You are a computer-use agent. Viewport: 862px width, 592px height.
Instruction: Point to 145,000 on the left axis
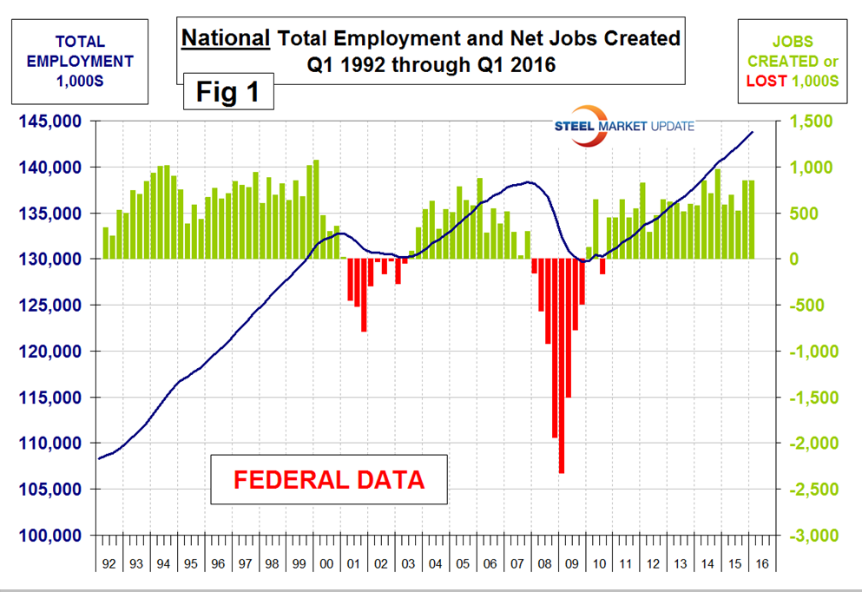pos(52,121)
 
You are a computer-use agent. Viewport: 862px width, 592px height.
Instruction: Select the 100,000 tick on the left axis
pos(52,536)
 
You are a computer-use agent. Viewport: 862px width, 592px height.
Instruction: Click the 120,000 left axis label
pos(52,352)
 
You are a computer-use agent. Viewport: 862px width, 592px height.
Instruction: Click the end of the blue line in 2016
pos(753,132)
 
